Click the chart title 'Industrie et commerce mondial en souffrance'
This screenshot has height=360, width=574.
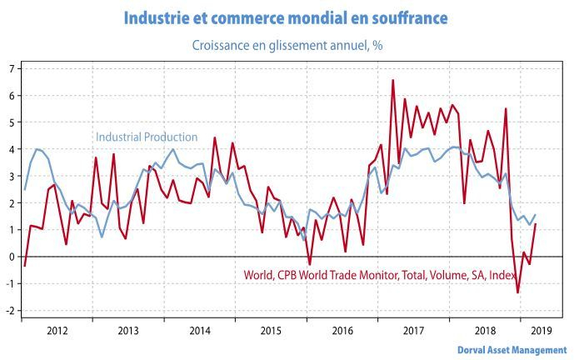(x=286, y=17)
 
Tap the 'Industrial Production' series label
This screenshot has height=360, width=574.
(x=147, y=137)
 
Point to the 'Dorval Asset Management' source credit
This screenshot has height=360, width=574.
(x=512, y=350)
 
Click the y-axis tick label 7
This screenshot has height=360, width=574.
(x=11, y=68)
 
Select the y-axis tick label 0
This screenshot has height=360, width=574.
(x=11, y=257)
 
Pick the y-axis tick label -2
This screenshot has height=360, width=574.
(x=9, y=311)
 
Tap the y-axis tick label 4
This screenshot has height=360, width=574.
(x=11, y=149)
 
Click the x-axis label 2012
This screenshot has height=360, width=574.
(x=57, y=331)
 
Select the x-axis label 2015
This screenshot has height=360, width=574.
(x=271, y=331)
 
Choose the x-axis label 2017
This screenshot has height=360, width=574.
(x=413, y=331)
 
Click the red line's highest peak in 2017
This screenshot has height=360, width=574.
(x=392, y=80)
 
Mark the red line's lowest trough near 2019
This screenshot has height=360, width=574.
(x=517, y=292)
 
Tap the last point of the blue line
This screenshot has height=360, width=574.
(x=535, y=215)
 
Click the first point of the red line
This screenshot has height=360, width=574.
(x=25, y=266)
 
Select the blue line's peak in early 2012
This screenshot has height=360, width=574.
(x=37, y=149)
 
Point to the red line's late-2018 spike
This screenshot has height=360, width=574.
(x=506, y=108)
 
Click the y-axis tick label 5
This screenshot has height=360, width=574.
(x=11, y=122)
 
